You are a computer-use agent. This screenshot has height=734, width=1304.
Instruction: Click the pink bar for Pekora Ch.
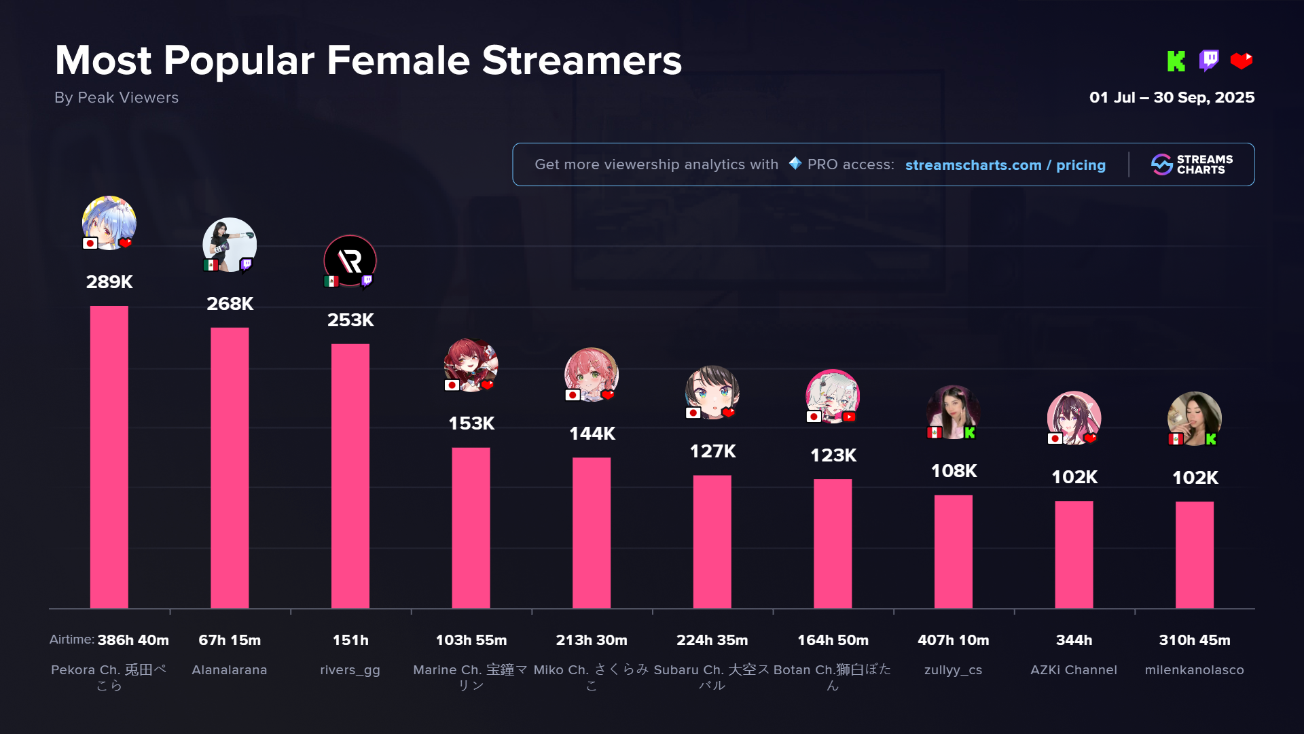(x=109, y=457)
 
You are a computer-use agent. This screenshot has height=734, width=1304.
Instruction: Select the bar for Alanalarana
(x=230, y=468)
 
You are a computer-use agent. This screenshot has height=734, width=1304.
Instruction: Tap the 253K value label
(x=350, y=320)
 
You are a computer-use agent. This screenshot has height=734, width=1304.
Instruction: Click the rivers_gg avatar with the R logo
(x=350, y=261)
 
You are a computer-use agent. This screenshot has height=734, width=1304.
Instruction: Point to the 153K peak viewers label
(x=471, y=423)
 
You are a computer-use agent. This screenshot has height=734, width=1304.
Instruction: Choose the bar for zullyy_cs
(x=953, y=551)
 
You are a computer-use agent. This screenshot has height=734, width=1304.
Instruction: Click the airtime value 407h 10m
(x=953, y=640)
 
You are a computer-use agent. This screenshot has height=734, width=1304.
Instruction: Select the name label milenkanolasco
(x=1194, y=670)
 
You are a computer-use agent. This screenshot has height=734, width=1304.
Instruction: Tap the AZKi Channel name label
(x=1073, y=670)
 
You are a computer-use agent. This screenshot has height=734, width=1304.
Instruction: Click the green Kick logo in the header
(x=1176, y=61)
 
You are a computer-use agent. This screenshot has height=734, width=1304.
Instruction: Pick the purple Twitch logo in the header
(x=1209, y=60)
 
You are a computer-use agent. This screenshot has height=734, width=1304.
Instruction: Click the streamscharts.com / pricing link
(x=1005, y=165)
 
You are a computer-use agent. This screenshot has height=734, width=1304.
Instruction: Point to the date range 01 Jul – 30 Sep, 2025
(x=1172, y=97)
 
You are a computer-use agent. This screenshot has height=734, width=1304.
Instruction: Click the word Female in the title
(x=398, y=60)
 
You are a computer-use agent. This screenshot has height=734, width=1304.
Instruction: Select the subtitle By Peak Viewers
(x=116, y=98)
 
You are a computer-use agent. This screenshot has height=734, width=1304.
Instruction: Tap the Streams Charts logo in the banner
(x=1192, y=164)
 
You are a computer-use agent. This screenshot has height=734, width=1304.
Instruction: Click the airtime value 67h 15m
(x=230, y=640)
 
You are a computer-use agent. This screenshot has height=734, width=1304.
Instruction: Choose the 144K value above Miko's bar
(x=592, y=434)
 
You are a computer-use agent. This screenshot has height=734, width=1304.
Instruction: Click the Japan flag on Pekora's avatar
(x=90, y=243)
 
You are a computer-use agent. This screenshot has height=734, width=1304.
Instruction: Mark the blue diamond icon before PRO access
(x=795, y=164)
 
